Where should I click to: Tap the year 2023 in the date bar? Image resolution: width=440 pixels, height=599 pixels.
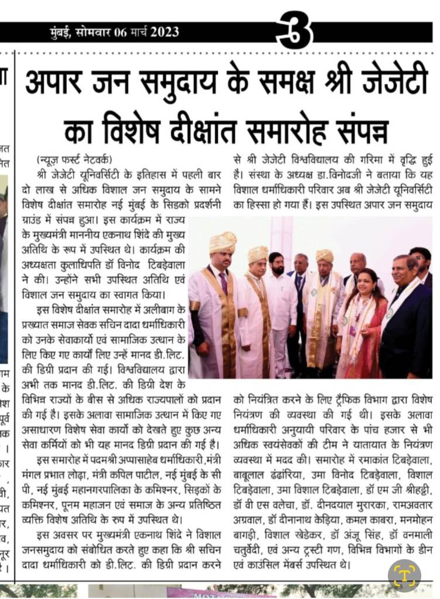click(x=165, y=32)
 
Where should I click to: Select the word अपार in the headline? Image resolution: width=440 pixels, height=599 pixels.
click(x=57, y=84)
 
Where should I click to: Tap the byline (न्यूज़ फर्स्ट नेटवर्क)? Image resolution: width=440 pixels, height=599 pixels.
click(x=74, y=160)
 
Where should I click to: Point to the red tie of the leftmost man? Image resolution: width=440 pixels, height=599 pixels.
click(x=223, y=282)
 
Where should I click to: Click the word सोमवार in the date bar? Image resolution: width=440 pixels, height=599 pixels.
click(x=97, y=32)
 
